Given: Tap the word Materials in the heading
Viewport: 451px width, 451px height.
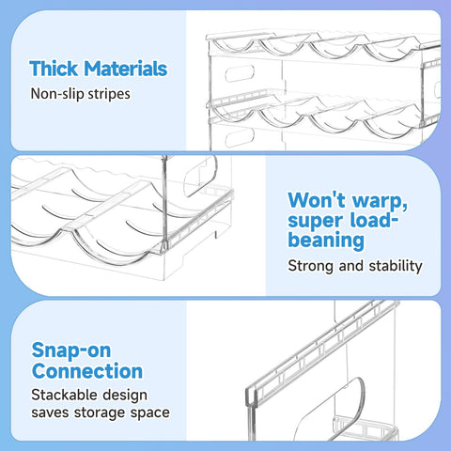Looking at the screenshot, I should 124,69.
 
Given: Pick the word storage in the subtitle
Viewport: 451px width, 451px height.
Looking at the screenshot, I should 103,414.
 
